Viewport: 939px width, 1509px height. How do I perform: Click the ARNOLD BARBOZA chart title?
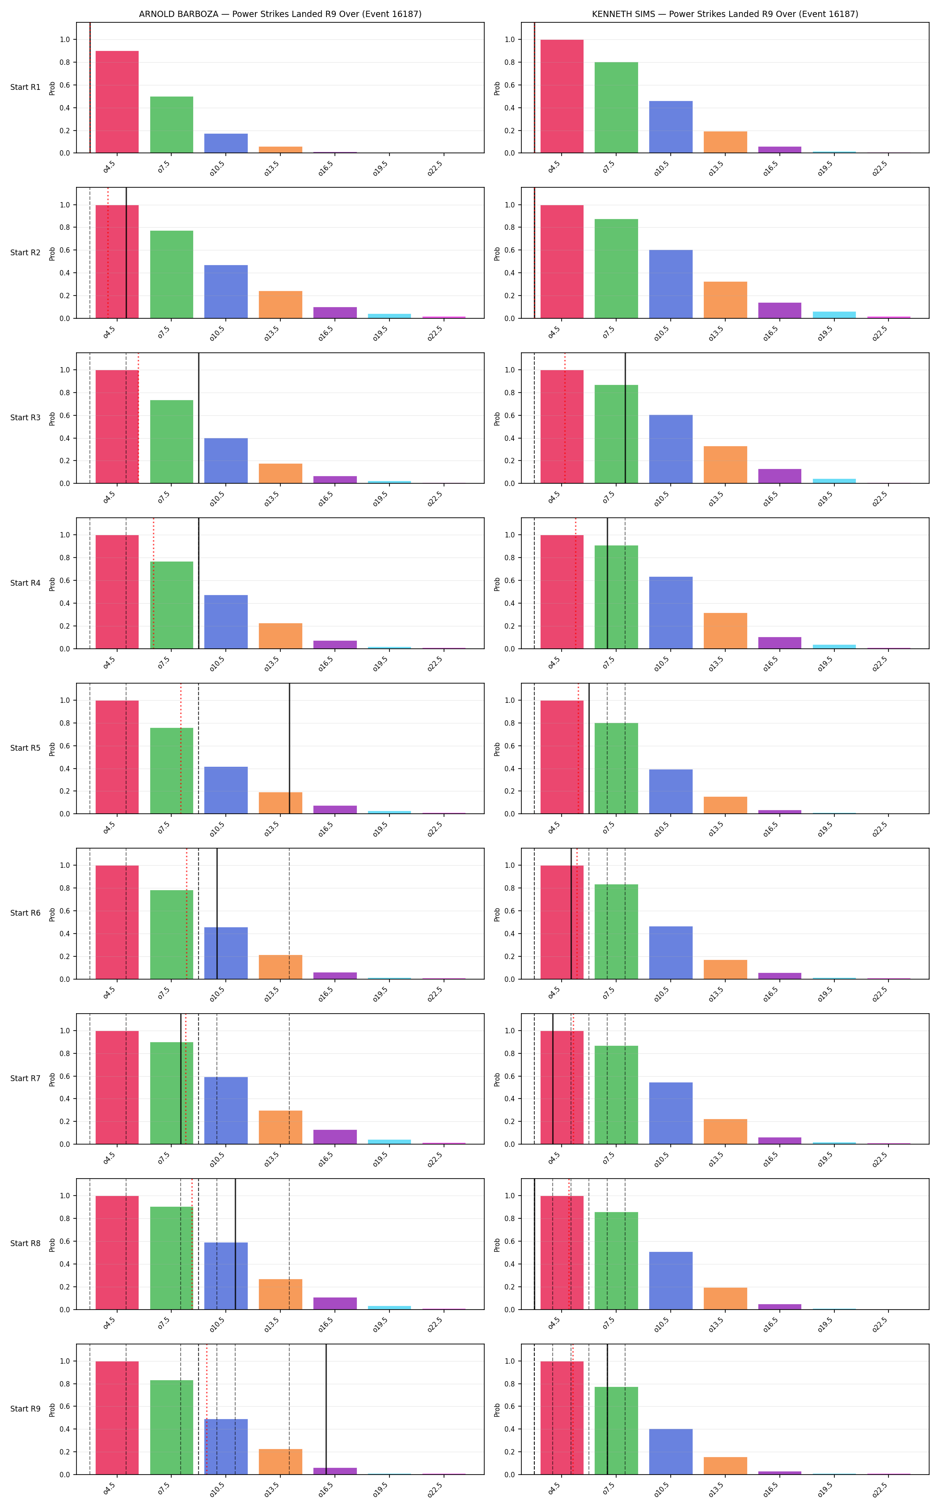coord(280,14)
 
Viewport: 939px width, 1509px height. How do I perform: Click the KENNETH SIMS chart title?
coord(725,14)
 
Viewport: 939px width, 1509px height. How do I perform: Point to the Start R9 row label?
coord(25,1409)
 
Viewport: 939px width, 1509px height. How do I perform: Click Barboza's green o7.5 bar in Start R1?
coord(171,125)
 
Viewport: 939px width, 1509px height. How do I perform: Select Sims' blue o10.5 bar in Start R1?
coord(671,127)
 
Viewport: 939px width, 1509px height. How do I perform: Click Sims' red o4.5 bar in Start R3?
coord(562,427)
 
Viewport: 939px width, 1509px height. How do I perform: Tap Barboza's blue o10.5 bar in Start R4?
coord(226,621)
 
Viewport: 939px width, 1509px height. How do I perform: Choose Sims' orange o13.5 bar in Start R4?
coord(725,631)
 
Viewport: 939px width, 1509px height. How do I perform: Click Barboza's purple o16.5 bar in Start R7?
coord(335,1137)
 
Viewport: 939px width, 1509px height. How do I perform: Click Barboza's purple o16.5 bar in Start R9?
coord(335,1471)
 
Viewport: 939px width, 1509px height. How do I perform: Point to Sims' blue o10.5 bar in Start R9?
coord(671,1452)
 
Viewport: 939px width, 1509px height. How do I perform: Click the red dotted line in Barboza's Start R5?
coord(181,748)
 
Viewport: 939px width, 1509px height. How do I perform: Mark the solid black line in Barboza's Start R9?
coord(326,1409)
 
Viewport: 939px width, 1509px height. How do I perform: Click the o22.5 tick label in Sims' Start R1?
coord(880,168)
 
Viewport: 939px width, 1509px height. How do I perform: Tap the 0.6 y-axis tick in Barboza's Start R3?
coord(64,415)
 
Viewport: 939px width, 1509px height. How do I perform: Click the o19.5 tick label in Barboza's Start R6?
coord(380,994)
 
